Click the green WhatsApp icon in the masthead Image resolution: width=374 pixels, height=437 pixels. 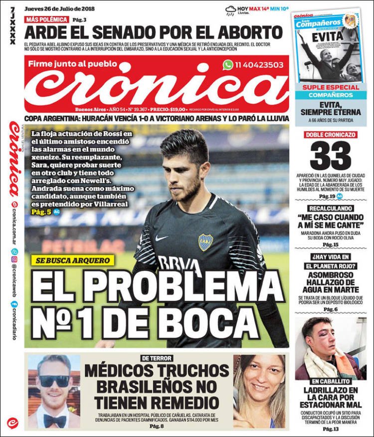[228, 65]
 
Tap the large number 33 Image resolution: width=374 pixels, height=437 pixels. [331, 156]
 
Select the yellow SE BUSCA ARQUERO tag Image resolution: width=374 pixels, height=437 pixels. [72, 260]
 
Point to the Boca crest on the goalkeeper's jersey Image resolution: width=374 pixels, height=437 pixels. [205, 242]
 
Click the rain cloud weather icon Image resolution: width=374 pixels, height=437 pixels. [230, 9]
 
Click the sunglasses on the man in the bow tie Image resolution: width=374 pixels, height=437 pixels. [54, 381]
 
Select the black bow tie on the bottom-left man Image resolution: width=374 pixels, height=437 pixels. [54, 421]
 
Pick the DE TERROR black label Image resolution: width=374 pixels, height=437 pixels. [157, 358]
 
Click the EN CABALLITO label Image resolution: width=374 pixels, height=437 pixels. [331, 381]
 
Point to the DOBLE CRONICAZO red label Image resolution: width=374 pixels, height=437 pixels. [331, 134]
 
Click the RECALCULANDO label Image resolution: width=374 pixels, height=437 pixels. [331, 208]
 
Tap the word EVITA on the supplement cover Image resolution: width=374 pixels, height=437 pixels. [328, 36]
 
